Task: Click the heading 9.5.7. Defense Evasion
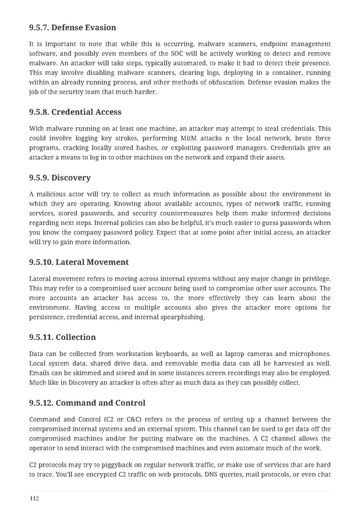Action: click(72, 27)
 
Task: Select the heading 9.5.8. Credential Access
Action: click(75, 112)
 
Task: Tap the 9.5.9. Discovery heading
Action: click(59, 178)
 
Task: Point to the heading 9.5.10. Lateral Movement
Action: click(79, 262)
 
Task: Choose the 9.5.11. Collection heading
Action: click(62, 337)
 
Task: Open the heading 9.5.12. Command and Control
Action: click(87, 403)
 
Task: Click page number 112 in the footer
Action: click(34, 498)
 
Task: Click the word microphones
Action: click(309, 354)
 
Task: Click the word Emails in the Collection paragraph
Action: click(41, 374)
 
